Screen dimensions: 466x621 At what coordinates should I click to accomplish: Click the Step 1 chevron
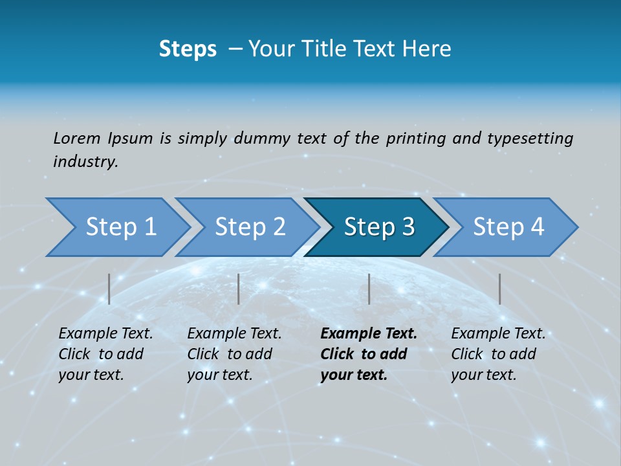coord(120,227)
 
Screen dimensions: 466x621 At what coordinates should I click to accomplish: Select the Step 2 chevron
coord(249,227)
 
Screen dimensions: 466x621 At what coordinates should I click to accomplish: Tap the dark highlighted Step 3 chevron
coord(378,227)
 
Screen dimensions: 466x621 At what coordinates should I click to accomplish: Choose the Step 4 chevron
coord(508,227)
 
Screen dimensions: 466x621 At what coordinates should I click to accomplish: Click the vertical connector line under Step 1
coord(109,289)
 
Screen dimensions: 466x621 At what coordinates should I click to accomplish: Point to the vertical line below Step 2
coord(239,289)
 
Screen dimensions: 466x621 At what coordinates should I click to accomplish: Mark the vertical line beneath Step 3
coord(369,289)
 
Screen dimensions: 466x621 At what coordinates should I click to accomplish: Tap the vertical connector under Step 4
coord(499,289)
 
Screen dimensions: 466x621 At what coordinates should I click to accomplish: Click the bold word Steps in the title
coord(188,49)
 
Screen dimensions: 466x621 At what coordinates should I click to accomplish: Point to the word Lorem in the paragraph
coord(77,138)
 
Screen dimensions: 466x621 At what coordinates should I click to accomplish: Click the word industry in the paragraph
coord(85,161)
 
